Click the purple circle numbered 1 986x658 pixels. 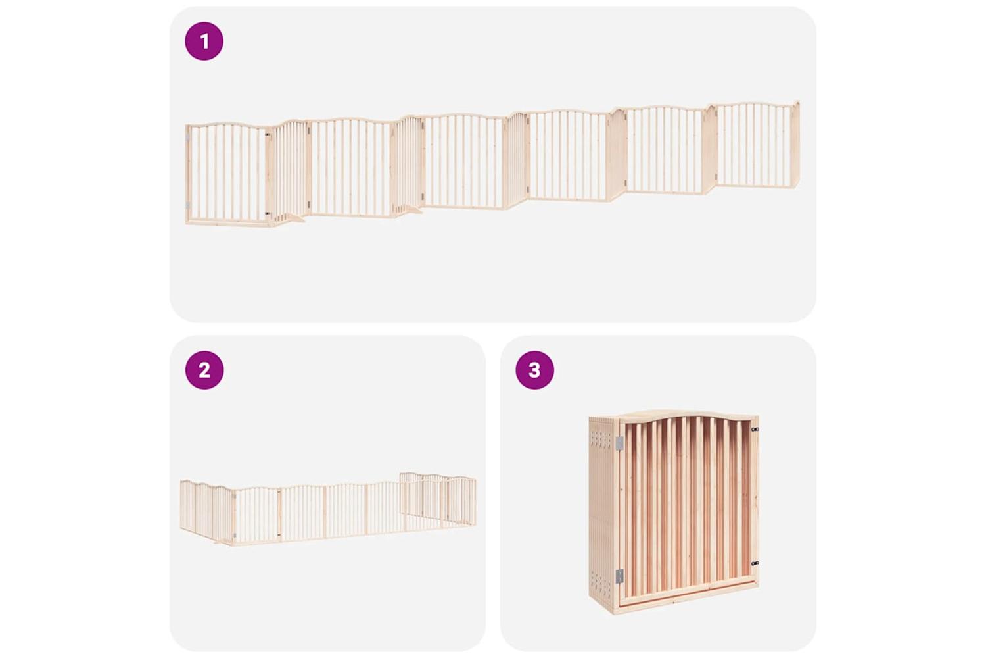[x=204, y=41]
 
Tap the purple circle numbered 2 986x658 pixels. [x=204, y=370]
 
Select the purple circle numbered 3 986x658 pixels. [x=534, y=370]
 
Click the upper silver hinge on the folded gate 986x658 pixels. [x=619, y=443]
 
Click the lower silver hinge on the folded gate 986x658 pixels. [x=619, y=576]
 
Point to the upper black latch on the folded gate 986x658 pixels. [x=755, y=429]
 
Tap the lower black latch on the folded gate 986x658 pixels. [x=755, y=563]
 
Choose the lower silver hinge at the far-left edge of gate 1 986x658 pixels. [x=187, y=205]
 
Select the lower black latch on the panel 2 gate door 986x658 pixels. [x=279, y=535]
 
